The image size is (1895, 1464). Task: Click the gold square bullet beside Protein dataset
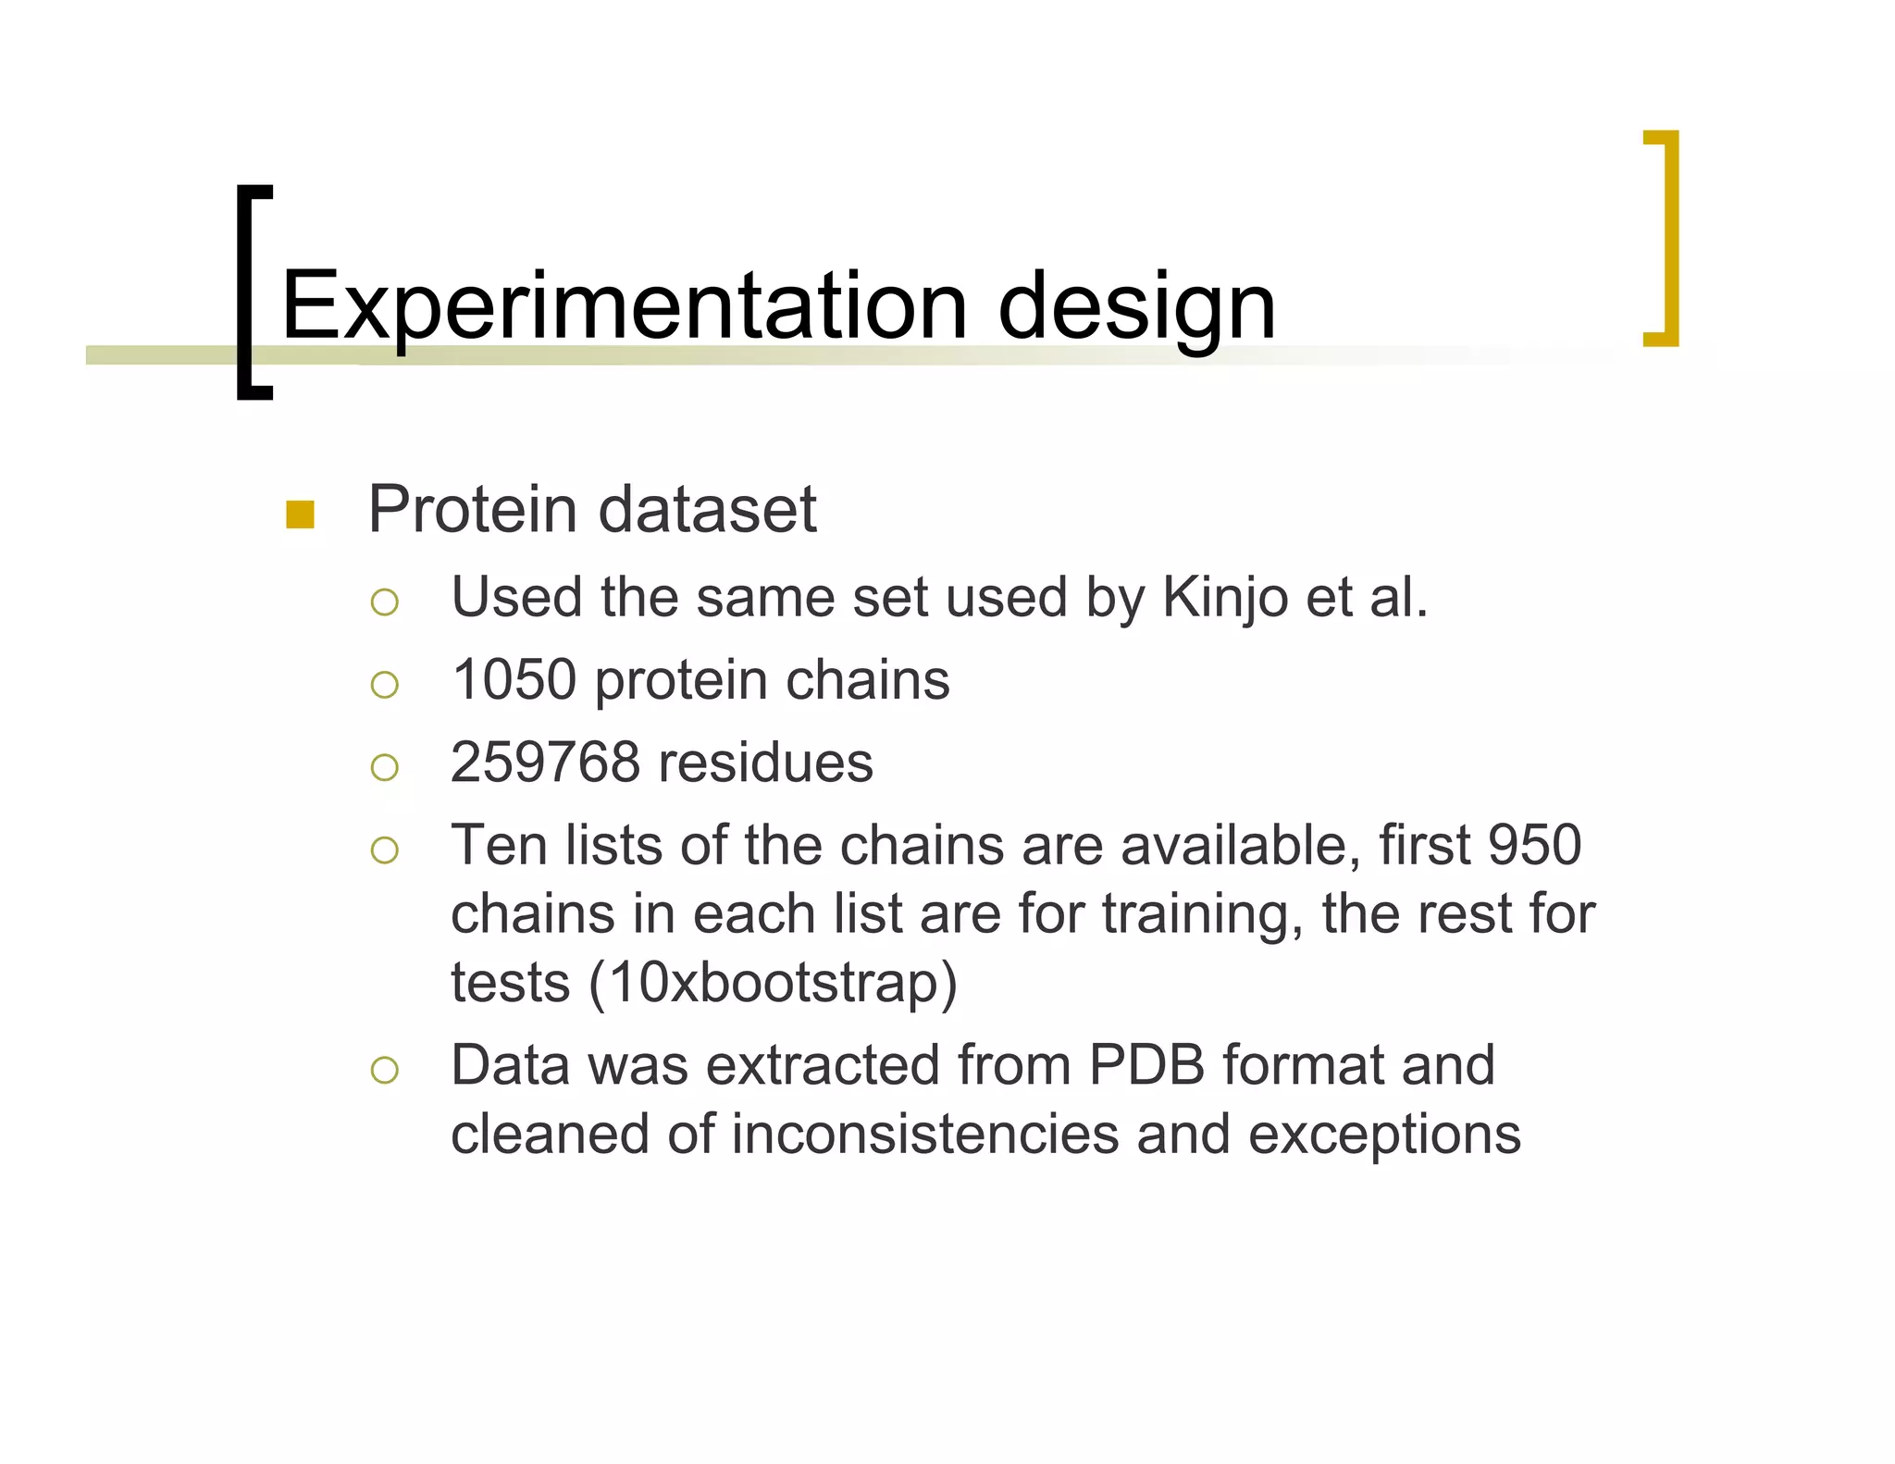pyautogui.click(x=300, y=515)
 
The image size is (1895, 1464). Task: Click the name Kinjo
pyautogui.click(x=1223, y=597)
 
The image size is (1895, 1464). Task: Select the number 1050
pyautogui.click(x=514, y=679)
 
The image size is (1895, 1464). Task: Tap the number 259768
pyautogui.click(x=545, y=763)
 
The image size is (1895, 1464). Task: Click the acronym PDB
pyautogui.click(x=1146, y=1065)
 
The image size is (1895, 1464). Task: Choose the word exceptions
pyautogui.click(x=1384, y=1135)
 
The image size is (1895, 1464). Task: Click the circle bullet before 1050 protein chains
pyautogui.click(x=384, y=685)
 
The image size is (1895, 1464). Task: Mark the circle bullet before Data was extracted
pyautogui.click(x=384, y=1071)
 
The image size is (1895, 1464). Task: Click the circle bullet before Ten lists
pyautogui.click(x=384, y=850)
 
